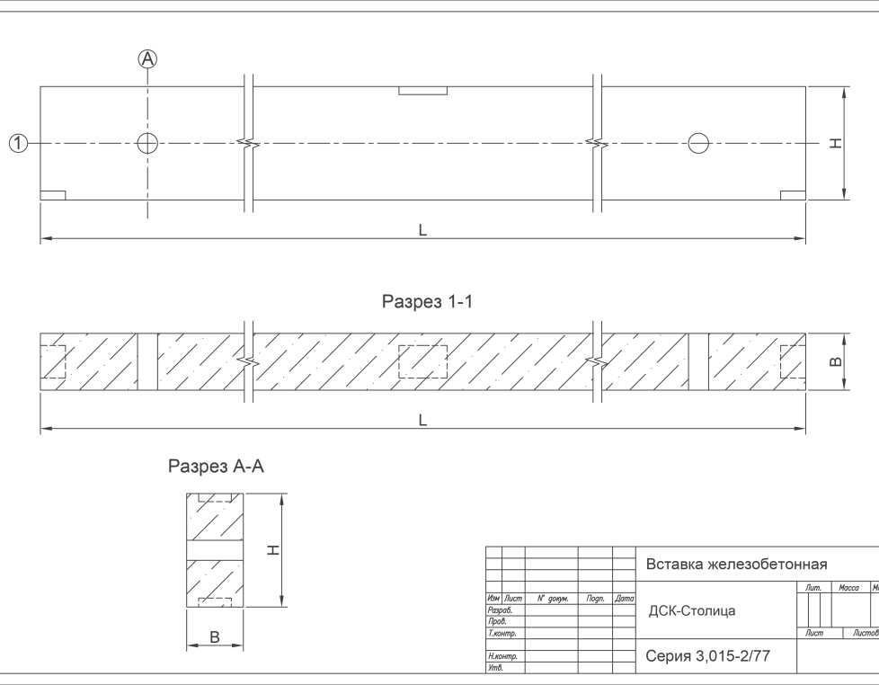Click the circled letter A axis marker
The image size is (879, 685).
pos(147,59)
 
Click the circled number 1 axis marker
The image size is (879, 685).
pos(18,143)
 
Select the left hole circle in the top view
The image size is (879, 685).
pos(147,143)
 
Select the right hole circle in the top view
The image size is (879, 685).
pos(698,143)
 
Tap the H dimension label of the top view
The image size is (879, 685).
pos(835,144)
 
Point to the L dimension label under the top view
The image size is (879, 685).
pos(422,230)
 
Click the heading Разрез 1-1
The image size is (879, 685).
pos(427,303)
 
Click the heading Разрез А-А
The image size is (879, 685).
pos(217,467)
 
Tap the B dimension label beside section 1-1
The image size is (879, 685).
pos(835,361)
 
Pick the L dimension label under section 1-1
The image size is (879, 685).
pos(422,420)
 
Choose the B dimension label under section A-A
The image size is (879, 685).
pos(215,636)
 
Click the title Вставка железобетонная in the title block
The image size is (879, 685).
pos(736,565)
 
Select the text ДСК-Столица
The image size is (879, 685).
pos(692,611)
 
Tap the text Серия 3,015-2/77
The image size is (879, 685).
pos(707,657)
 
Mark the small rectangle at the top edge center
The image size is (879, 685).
pos(422,91)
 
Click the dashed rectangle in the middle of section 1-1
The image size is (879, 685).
pos(422,361)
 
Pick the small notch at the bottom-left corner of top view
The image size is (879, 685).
pos(53,195)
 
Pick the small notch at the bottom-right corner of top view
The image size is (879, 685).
pos(793,195)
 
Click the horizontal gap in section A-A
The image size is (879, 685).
pos(215,550)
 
